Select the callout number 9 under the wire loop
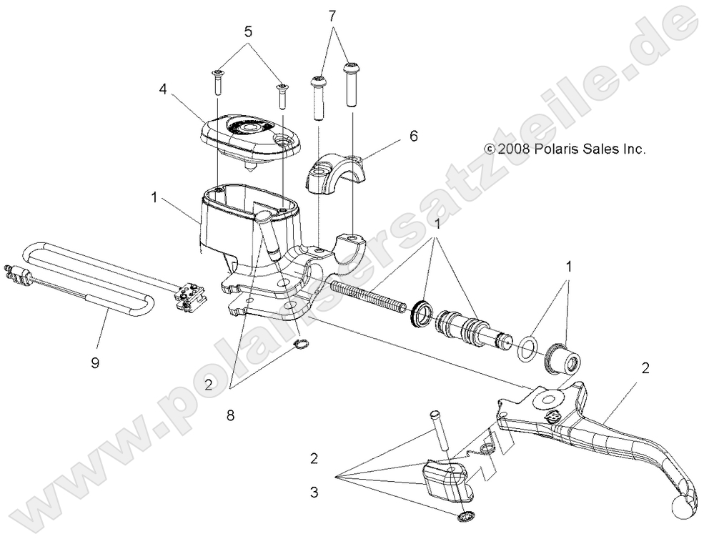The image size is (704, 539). [x=94, y=362]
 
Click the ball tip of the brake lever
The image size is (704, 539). [x=683, y=507]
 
